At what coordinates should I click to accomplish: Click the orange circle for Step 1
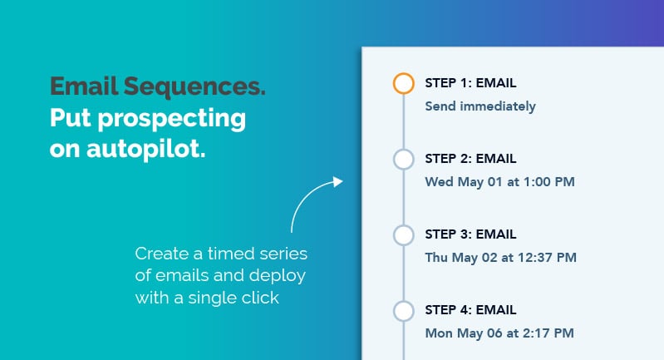pos(403,84)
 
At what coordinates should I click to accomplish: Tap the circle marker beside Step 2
pos(403,160)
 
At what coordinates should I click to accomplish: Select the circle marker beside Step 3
pos(403,235)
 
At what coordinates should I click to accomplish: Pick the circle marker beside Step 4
pos(403,311)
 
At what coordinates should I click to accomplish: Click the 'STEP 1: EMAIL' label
pos(470,82)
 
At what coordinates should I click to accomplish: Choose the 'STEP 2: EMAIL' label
pos(470,158)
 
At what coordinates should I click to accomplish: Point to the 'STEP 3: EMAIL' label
pos(470,234)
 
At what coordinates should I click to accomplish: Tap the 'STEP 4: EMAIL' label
pos(470,310)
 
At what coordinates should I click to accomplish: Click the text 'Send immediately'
pos(480,106)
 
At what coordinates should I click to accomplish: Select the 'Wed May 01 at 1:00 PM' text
pos(499,181)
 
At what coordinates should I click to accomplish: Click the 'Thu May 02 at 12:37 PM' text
pos(500,257)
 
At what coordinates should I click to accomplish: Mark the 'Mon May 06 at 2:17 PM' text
pos(499,333)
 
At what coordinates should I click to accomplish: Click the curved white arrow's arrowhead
pos(337,181)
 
